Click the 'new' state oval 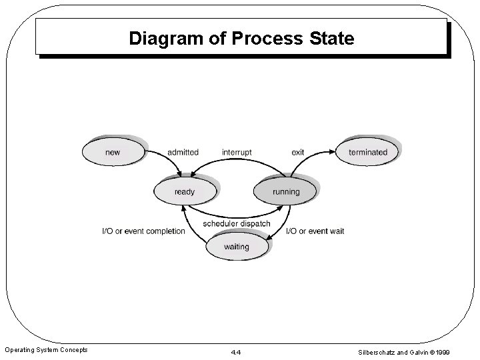point(113,152)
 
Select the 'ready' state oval point(185,192)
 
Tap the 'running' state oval point(286,192)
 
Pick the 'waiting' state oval point(236,247)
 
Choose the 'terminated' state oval point(367,152)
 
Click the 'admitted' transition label point(183,152)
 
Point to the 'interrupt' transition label point(237,152)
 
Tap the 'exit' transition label point(298,152)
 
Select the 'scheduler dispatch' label point(237,223)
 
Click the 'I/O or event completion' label point(143,231)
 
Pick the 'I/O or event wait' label point(315,231)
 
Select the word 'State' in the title point(332,39)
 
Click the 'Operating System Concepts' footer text point(47,350)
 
